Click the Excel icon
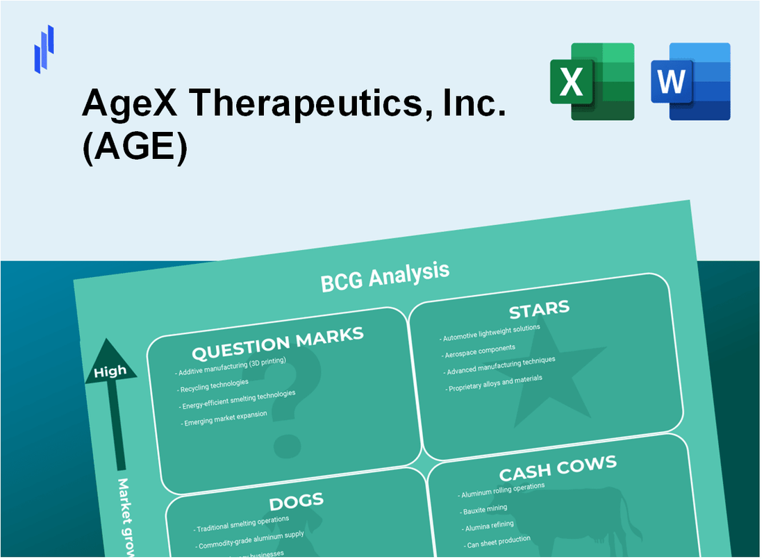592,81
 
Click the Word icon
690,81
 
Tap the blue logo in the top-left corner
44,49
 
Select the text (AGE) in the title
135,150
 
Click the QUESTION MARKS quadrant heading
278,343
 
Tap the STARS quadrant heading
539,310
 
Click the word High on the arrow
110,372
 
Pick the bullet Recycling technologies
215,383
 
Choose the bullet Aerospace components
479,349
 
